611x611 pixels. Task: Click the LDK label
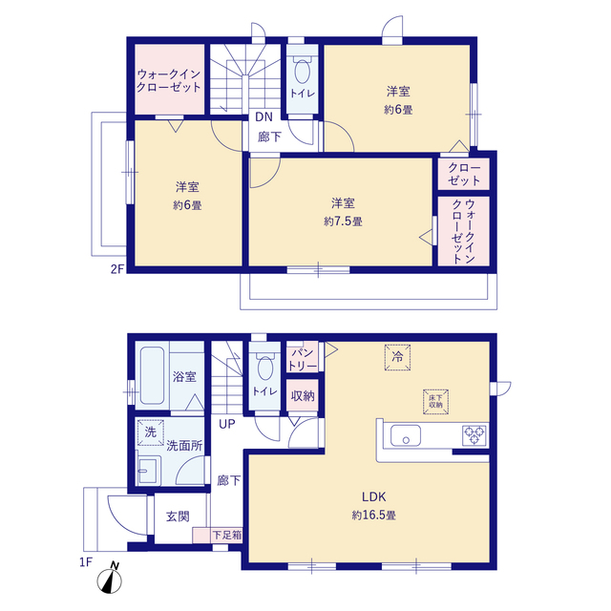(x=373, y=496)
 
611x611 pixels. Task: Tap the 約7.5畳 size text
(x=343, y=221)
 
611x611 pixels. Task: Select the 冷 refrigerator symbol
(x=397, y=357)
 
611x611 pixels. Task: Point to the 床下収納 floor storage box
(x=435, y=401)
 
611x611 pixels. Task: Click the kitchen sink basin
(x=406, y=435)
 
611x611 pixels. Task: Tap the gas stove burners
(x=474, y=435)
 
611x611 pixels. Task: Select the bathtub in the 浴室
(x=152, y=375)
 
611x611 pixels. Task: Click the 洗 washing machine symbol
(x=151, y=432)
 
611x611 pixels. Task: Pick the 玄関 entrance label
(x=178, y=516)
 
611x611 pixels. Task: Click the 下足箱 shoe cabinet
(x=218, y=535)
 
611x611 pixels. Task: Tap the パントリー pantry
(x=302, y=359)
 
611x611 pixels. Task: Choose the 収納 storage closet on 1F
(x=303, y=396)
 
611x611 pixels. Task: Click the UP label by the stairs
(x=227, y=424)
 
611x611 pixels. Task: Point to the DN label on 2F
(x=263, y=116)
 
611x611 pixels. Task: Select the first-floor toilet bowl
(x=265, y=367)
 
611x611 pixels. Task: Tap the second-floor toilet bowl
(x=302, y=70)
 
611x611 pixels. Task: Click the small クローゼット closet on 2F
(x=464, y=174)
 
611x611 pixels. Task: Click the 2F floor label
(x=116, y=269)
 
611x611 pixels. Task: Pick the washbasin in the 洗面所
(x=148, y=471)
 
